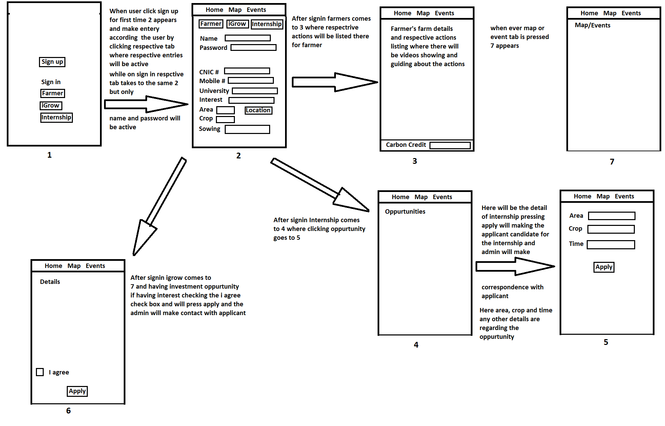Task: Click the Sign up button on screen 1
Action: pos(52,62)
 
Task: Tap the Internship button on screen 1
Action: pos(56,117)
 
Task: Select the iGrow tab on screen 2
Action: pos(237,24)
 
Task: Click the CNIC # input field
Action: pos(247,71)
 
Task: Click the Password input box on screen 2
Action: pos(253,47)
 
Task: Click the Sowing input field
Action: pos(247,129)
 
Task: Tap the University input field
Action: pos(255,91)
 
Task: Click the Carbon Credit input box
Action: pos(450,145)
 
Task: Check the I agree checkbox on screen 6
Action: pos(40,372)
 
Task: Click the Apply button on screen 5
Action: pos(604,267)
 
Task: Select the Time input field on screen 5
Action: pos(610,245)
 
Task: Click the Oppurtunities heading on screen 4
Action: pos(405,211)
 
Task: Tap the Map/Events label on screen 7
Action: pos(592,25)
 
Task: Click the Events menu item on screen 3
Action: pos(444,13)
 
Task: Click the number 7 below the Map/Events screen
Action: pos(612,161)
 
